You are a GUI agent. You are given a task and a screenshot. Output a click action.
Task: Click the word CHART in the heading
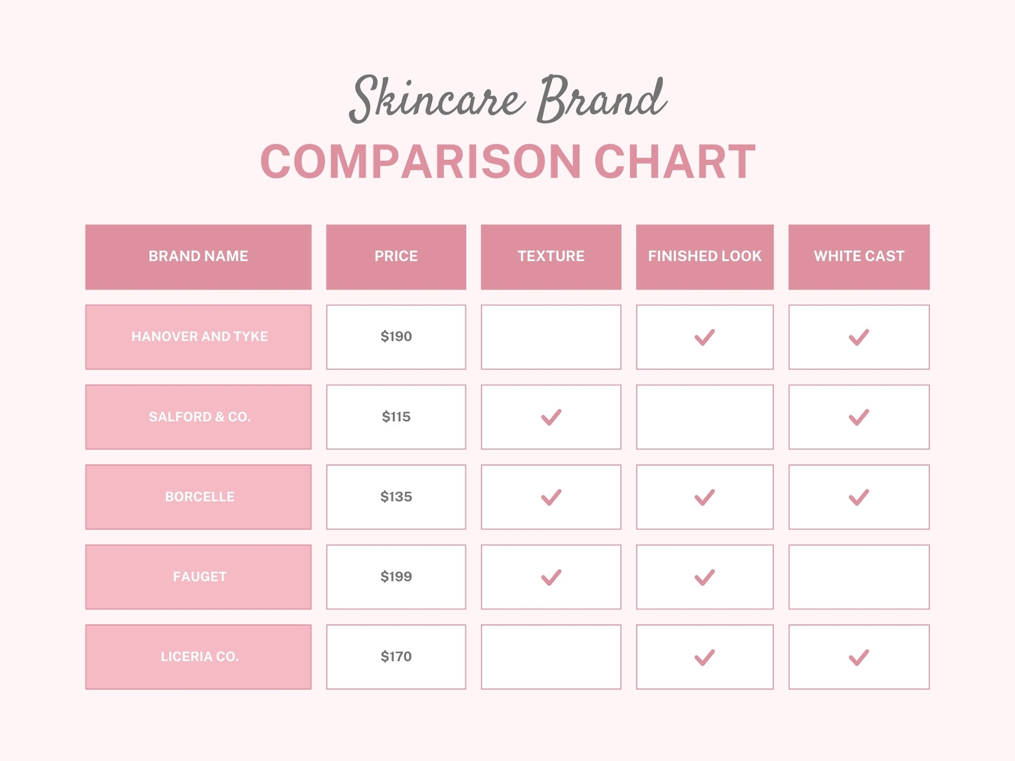point(675,161)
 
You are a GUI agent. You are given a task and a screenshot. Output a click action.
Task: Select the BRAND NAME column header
point(199,257)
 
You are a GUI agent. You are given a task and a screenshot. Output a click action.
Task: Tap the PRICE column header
point(396,257)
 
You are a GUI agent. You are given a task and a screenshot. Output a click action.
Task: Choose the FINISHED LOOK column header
point(705,257)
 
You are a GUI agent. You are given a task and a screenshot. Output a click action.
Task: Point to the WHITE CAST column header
point(859,257)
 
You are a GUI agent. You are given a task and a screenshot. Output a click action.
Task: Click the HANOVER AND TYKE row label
point(199,337)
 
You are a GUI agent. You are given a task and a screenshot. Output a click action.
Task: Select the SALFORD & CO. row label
point(199,417)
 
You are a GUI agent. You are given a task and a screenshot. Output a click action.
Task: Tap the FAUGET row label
point(199,577)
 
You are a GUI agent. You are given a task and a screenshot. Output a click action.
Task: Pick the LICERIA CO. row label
point(199,657)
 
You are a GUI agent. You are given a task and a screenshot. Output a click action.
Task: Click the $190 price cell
point(396,337)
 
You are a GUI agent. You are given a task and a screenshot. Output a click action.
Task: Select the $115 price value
point(396,417)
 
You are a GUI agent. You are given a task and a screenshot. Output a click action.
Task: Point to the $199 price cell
point(396,577)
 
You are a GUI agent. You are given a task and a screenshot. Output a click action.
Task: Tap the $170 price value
point(396,656)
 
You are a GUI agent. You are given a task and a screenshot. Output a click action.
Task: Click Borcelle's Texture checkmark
point(551,498)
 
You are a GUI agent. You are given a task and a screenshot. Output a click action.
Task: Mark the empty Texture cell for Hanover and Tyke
point(551,337)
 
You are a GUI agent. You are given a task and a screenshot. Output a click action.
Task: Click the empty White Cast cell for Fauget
point(859,577)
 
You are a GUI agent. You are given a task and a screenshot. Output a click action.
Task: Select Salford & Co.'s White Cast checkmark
point(859,418)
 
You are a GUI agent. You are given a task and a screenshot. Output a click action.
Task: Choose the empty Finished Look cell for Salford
point(705,417)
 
